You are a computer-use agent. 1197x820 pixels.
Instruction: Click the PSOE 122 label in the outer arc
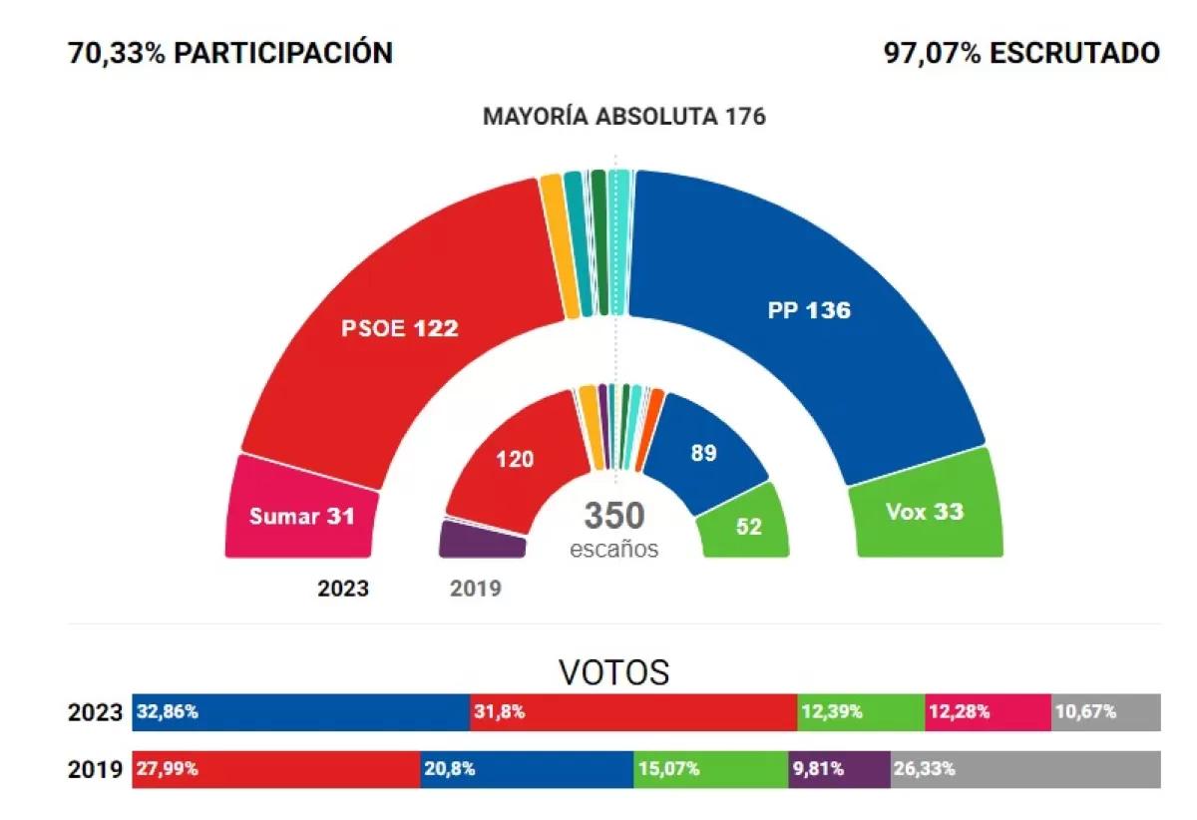[398, 327]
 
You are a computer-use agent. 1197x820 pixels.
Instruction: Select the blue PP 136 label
[809, 310]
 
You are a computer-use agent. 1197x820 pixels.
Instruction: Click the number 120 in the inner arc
[516, 459]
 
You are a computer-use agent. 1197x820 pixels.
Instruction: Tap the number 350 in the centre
[614, 516]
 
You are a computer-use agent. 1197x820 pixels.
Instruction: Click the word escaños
[614, 549]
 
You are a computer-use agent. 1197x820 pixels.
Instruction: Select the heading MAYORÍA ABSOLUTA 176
[624, 117]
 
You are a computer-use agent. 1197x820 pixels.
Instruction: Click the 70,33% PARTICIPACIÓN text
[230, 53]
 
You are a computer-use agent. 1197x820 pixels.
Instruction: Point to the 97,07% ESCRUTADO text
[1021, 53]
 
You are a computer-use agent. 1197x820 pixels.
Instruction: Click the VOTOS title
[614, 671]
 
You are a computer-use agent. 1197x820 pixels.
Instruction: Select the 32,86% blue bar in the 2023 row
[300, 712]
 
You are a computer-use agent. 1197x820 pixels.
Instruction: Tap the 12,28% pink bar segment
[988, 712]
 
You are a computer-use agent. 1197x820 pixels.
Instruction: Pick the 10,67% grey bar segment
[1105, 712]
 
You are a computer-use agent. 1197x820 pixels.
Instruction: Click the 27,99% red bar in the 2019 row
[276, 769]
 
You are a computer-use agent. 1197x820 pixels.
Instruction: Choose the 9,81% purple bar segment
[839, 769]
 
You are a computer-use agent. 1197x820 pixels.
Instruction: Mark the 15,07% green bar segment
[710, 769]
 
